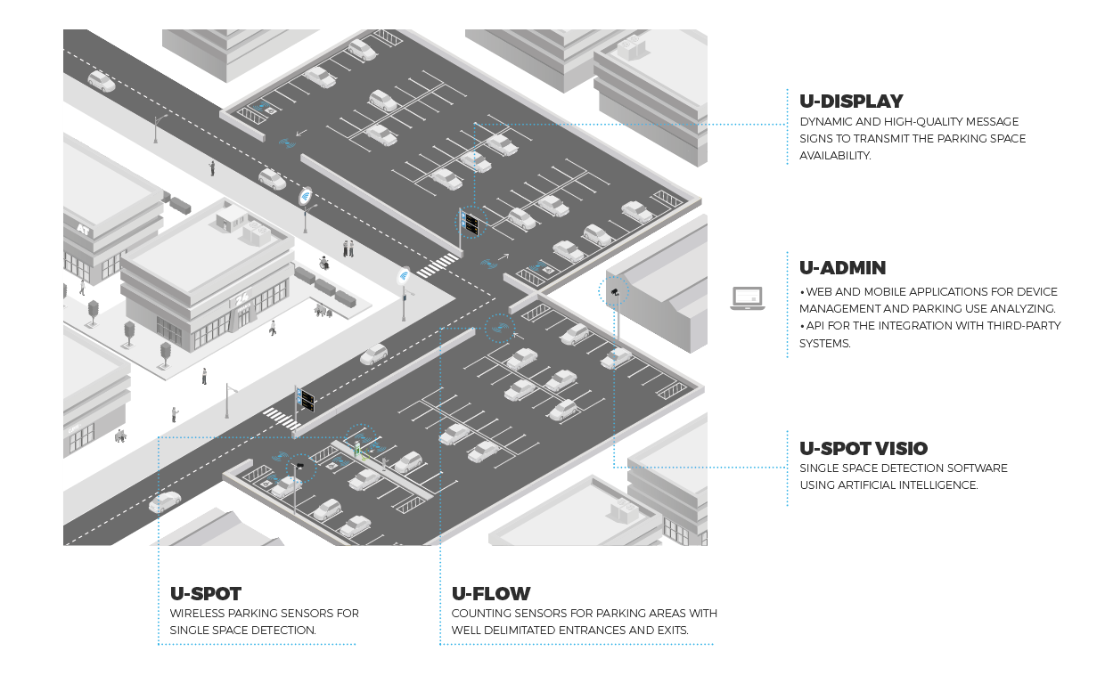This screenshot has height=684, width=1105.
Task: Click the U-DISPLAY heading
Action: tap(851, 102)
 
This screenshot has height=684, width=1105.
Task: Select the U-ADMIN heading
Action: tap(842, 268)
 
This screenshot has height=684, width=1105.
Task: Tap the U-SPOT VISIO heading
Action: tap(863, 448)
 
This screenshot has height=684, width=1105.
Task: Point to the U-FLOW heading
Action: tap(491, 594)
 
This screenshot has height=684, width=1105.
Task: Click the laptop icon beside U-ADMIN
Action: tap(747, 298)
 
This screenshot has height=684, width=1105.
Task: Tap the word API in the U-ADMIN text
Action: tap(816, 325)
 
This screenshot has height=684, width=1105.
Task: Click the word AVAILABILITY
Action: tap(834, 155)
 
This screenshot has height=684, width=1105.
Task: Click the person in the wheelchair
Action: tap(324, 263)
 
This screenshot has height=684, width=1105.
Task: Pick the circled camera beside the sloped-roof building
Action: tap(614, 291)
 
